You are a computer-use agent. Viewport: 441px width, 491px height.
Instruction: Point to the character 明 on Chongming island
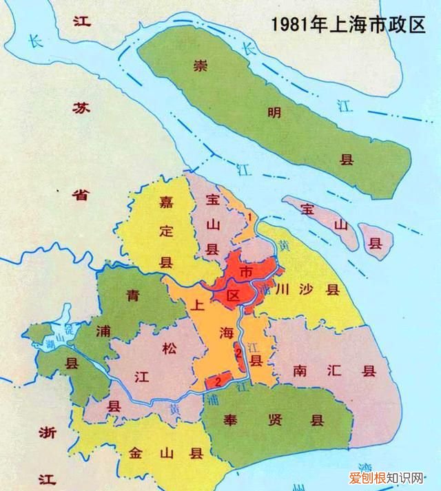(274, 113)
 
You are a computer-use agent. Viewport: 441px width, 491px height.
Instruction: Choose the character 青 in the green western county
(133, 297)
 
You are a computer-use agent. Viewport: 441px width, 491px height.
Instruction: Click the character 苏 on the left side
(81, 107)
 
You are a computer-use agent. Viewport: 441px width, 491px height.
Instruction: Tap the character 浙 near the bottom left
(48, 432)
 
